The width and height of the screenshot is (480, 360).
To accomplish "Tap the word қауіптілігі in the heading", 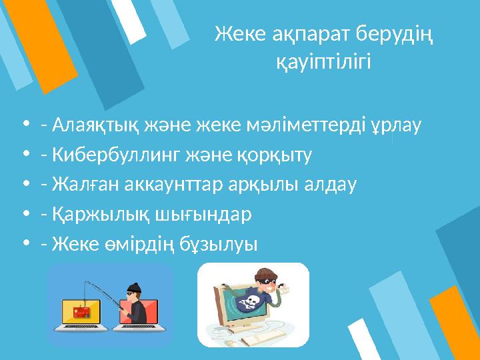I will click(323, 63).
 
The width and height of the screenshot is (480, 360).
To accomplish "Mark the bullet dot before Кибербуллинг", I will click(25, 155).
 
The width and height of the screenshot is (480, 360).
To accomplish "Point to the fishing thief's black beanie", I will click(133, 289).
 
